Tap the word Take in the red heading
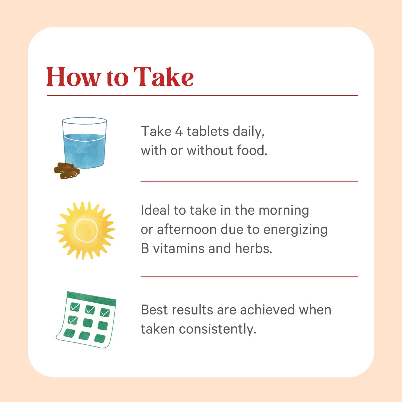164,77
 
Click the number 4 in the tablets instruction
179,131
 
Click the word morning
284,211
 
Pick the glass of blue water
84,143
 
